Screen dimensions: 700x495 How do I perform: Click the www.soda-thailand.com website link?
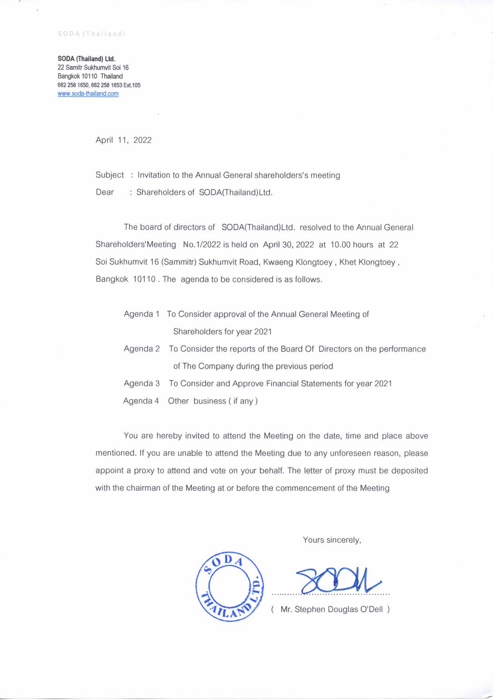[x=88, y=94]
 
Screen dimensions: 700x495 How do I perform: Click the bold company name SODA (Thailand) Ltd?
[x=86, y=59]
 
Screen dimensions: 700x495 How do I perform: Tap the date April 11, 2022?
[x=123, y=140]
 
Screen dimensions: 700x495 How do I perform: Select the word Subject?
[x=110, y=175]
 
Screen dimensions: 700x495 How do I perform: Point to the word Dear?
[x=105, y=192]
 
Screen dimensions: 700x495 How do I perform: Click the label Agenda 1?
[x=142, y=314]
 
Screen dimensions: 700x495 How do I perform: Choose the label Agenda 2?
[x=142, y=349]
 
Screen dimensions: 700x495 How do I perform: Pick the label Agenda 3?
[x=142, y=384]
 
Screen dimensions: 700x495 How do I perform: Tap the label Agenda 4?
[x=141, y=401]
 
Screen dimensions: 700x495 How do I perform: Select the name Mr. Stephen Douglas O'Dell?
[x=331, y=609]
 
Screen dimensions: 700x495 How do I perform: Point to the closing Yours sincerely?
[x=332, y=540]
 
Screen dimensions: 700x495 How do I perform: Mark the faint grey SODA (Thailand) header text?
[x=92, y=34]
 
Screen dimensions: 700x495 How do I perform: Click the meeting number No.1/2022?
[x=202, y=245]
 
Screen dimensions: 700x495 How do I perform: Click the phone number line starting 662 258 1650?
[x=99, y=85]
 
